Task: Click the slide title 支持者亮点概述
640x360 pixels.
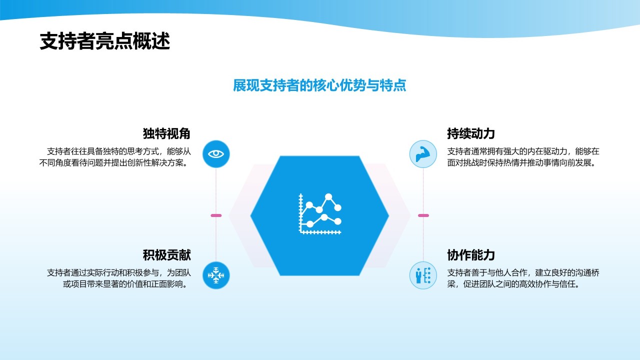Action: (105, 41)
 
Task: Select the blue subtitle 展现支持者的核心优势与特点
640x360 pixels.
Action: (319, 85)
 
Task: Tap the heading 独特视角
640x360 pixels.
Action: (166, 134)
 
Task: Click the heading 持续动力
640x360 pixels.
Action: (471, 134)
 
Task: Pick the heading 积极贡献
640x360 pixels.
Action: (166, 255)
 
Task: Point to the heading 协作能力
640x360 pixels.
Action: (471, 255)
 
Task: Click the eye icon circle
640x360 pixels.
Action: (216, 153)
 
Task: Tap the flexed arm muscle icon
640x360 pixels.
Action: (423, 153)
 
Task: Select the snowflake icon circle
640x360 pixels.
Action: (216, 275)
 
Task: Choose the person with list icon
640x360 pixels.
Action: (423, 275)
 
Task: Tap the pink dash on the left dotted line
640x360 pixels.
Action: (216, 215)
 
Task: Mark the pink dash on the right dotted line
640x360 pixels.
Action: (423, 215)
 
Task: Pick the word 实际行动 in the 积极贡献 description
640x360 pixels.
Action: (99, 272)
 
